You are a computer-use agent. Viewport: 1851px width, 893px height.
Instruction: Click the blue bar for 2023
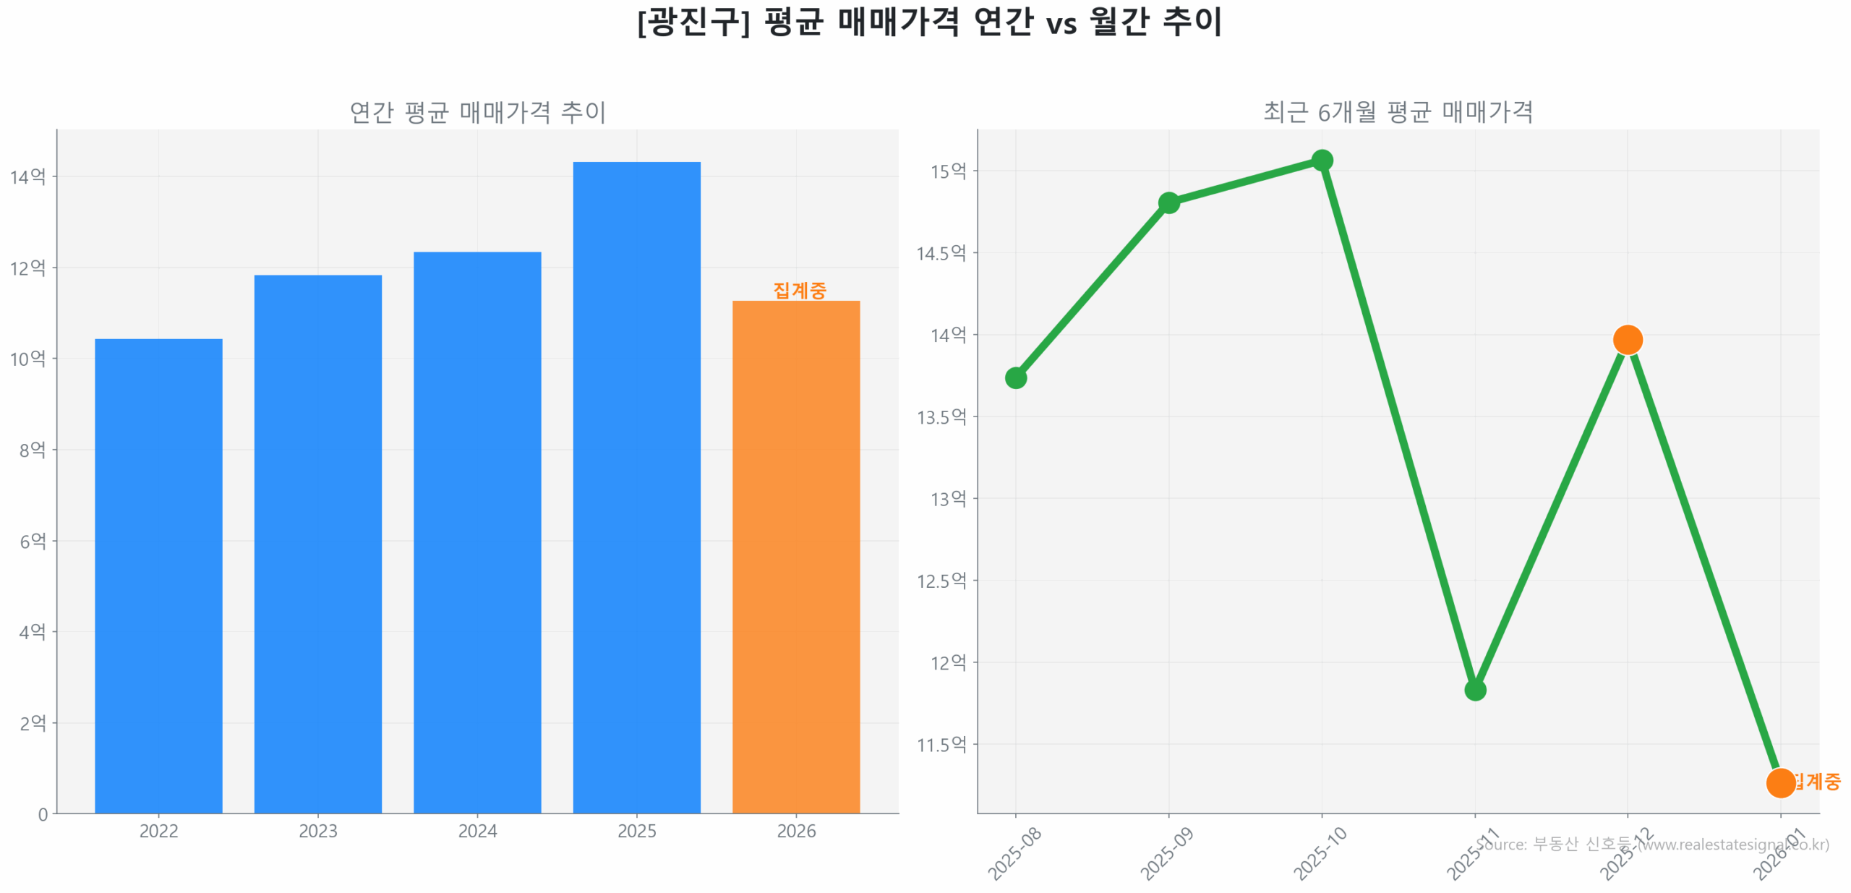[317, 544]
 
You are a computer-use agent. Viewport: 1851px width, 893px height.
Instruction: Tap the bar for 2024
[477, 532]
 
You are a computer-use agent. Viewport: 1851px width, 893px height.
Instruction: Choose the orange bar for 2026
[795, 556]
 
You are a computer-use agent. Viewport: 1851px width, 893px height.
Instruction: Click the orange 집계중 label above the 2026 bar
[799, 290]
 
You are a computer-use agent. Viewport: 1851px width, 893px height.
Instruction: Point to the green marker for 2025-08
[1015, 377]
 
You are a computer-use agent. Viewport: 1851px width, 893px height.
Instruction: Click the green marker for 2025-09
[1168, 202]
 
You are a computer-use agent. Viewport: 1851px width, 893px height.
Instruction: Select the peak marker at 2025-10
[1322, 160]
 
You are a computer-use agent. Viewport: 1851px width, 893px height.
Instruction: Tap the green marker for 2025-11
[1475, 690]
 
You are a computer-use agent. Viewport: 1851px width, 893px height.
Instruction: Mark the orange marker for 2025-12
[1628, 339]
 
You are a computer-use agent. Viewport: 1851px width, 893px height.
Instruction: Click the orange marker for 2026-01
[1780, 782]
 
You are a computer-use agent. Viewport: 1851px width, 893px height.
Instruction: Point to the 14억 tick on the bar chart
[27, 176]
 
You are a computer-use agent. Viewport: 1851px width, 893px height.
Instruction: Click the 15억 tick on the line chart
[948, 171]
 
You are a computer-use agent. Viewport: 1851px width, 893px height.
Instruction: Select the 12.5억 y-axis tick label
[941, 581]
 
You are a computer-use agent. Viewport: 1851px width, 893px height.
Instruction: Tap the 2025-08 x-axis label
[1014, 853]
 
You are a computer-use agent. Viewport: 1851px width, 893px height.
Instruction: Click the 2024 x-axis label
[477, 831]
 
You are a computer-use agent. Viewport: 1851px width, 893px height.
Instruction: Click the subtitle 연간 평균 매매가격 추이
[477, 112]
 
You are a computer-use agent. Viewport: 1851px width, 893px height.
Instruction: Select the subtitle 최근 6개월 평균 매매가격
[1398, 112]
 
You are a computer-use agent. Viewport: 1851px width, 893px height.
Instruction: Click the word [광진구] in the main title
[693, 22]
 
